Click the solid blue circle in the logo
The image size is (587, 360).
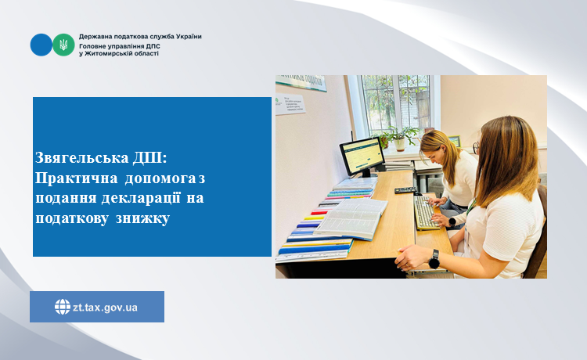pyautogui.click(x=41, y=45)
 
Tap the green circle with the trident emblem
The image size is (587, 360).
pyautogui.click(x=63, y=45)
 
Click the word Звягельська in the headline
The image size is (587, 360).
pyautogui.click(x=82, y=158)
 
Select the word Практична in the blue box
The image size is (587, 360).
pyautogui.click(x=77, y=178)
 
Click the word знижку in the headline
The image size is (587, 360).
pyautogui.click(x=142, y=218)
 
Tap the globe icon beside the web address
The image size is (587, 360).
pyautogui.click(x=63, y=307)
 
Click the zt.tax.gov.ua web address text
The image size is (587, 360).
pyautogui.click(x=105, y=308)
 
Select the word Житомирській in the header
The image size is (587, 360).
pyautogui.click(x=109, y=53)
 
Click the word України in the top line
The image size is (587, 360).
pyautogui.click(x=189, y=37)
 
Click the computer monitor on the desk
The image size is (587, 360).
pyautogui.click(x=362, y=157)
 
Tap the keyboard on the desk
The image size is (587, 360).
pyautogui.click(x=426, y=212)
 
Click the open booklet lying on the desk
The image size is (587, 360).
pyautogui.click(x=351, y=218)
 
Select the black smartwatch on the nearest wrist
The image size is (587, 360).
pyautogui.click(x=434, y=259)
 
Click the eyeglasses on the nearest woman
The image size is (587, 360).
pyautogui.click(x=476, y=148)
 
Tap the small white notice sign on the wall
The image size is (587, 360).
pyautogui.click(x=290, y=103)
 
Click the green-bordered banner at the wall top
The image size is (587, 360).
pyautogui.click(x=301, y=83)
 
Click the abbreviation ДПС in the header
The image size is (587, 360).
pyautogui.click(x=153, y=46)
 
